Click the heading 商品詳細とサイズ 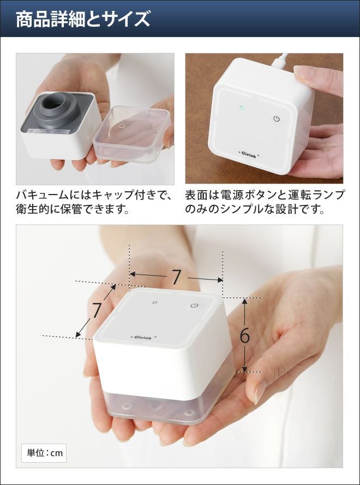tap(83, 19)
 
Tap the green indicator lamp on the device tap(242, 108)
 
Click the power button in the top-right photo tap(277, 118)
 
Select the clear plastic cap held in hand tap(132, 134)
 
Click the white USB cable tap(280, 60)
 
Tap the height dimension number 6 tap(244, 335)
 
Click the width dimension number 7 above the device tap(176, 277)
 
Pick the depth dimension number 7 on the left tap(97, 310)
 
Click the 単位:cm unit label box tap(44, 453)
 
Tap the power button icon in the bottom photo tap(194, 306)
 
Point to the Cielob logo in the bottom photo tap(143, 337)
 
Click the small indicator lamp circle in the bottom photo tap(155, 302)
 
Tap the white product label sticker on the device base tap(49, 131)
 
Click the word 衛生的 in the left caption tap(33, 209)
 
